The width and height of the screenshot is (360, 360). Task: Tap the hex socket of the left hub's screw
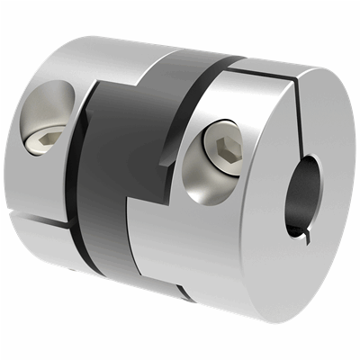[x=49, y=136]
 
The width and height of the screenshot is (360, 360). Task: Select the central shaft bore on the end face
[x=301, y=192]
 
